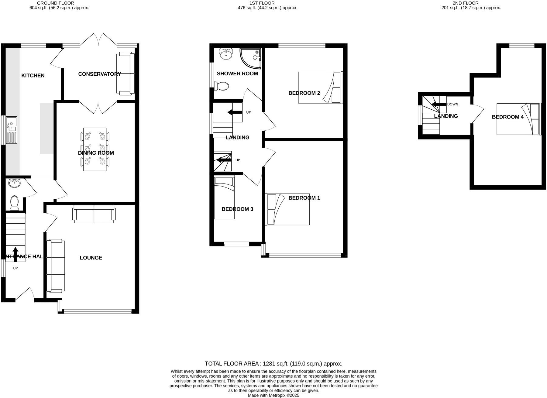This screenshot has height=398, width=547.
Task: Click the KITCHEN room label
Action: coord(33,76)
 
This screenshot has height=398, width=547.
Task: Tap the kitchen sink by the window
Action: coord(12,130)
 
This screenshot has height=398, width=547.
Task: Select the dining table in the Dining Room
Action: coord(95,149)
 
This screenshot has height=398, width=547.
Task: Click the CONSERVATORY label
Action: coord(99,74)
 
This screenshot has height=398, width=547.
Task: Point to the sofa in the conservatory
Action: coord(126,74)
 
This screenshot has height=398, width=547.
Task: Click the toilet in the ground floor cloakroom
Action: coord(14,203)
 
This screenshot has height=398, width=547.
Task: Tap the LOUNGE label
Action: coord(91,258)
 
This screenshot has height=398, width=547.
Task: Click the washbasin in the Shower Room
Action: coord(226,54)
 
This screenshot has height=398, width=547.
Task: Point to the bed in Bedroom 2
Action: coord(320,87)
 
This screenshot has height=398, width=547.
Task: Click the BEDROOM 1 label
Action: coord(304,198)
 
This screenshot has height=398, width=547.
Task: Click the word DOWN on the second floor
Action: coord(452,105)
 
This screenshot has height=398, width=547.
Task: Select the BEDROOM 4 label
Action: coord(507,117)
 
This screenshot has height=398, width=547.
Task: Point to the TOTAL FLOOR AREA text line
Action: coord(273,364)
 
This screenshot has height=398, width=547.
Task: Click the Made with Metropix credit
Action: coord(273,395)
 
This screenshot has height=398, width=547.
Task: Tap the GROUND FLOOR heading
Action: coord(55,3)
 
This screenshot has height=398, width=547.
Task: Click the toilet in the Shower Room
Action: coord(222,86)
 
